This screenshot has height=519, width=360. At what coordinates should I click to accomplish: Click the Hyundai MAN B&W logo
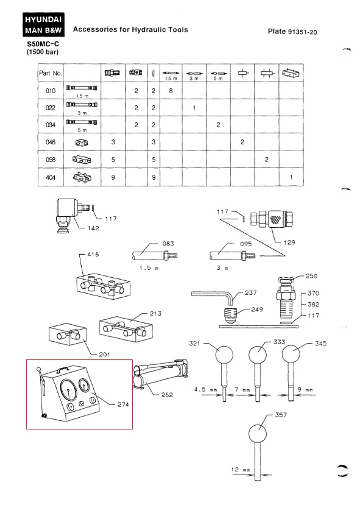pyautogui.click(x=44, y=24)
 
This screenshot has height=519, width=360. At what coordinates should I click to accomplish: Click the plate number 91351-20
pyautogui.click(x=302, y=32)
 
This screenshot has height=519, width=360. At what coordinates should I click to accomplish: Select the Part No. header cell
pyautogui.click(x=51, y=73)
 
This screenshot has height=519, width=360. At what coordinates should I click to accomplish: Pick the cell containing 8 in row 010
pyautogui.click(x=171, y=90)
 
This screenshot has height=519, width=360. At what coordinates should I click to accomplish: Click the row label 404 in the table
pyautogui.click(x=51, y=177)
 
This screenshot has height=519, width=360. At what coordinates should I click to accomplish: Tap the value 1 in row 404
pyautogui.click(x=291, y=177)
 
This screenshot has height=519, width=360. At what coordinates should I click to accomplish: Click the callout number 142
pyautogui.click(x=93, y=228)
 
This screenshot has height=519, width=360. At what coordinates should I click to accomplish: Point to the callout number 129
pyautogui.click(x=289, y=242)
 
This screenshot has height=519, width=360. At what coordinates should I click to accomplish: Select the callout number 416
pyautogui.click(x=93, y=254)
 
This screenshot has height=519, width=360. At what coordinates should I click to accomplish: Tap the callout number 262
pyautogui.click(x=167, y=395)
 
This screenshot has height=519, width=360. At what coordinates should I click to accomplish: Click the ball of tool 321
pyautogui.click(x=224, y=355)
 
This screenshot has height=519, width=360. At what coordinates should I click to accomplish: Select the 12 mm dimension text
pyautogui.click(x=241, y=469)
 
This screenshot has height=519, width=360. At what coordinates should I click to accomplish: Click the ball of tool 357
pyautogui.click(x=258, y=434)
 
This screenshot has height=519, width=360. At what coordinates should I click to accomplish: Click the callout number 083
pyautogui.click(x=168, y=244)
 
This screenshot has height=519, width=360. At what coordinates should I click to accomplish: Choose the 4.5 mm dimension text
pyautogui.click(x=206, y=390)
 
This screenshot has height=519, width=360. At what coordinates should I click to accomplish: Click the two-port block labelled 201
pyautogui.click(x=68, y=334)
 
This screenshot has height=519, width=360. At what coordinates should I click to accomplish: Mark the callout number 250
pyautogui.click(x=311, y=276)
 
